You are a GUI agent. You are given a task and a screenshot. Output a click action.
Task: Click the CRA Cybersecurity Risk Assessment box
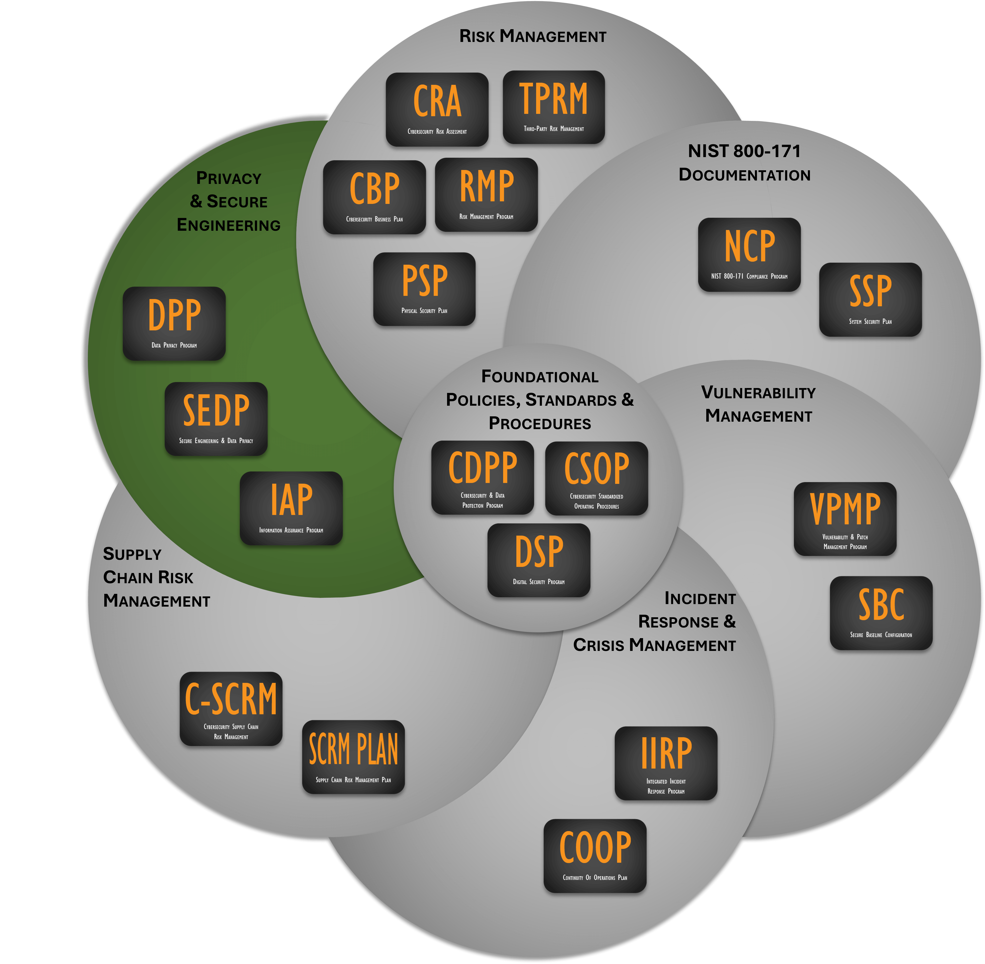pyautogui.click(x=437, y=109)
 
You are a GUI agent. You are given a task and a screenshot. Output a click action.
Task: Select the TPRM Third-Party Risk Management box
pyautogui.click(x=554, y=107)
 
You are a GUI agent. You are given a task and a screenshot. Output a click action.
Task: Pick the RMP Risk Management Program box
pyautogui.click(x=486, y=194)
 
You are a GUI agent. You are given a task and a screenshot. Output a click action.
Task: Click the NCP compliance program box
pyautogui.click(x=749, y=255)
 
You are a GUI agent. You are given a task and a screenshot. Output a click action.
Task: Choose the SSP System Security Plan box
pyautogui.click(x=870, y=299)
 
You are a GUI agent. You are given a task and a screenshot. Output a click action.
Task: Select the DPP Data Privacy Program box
pyautogui.click(x=174, y=324)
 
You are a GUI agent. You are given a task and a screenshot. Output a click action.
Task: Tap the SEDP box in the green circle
pyautogui.click(x=216, y=419)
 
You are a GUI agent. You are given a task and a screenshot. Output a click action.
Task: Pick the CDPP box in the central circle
pyautogui.click(x=482, y=477)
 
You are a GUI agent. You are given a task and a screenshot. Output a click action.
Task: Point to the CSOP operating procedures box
pyautogui.click(x=596, y=478)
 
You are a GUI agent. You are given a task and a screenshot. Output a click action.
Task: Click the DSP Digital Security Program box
pyautogui.click(x=539, y=560)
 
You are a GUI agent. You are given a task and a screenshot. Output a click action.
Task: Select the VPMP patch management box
pyautogui.click(x=845, y=519)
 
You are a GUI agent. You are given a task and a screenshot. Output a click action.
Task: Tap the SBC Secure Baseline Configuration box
pyautogui.click(x=881, y=613)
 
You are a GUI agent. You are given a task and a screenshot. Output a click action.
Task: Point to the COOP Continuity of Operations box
pyautogui.click(x=595, y=856)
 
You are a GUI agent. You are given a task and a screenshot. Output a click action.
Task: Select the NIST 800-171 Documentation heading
pyautogui.click(x=744, y=163)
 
